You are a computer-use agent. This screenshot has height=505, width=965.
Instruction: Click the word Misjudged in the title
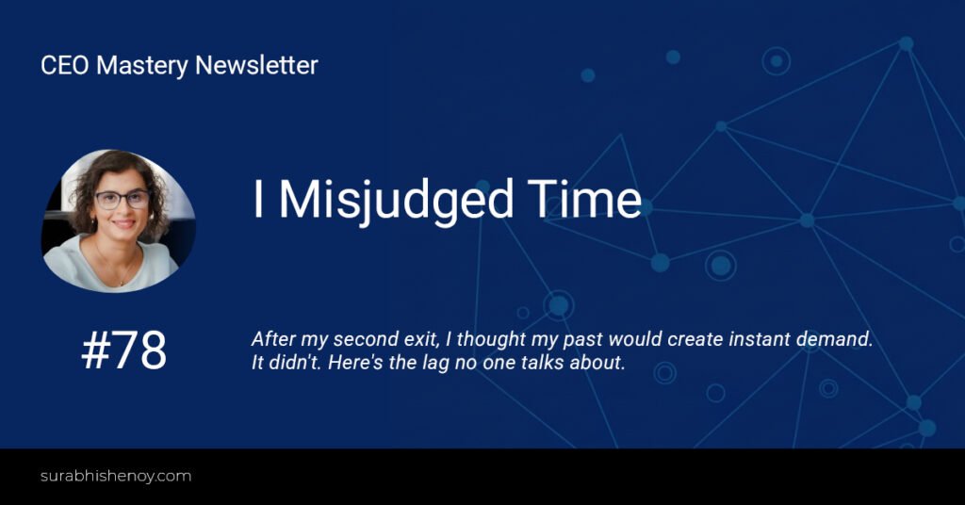click(x=396, y=200)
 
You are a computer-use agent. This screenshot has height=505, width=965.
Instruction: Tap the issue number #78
click(x=124, y=350)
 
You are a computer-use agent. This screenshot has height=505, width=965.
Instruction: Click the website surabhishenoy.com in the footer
click(x=116, y=476)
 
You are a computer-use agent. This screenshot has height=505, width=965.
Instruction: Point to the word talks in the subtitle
click(x=542, y=363)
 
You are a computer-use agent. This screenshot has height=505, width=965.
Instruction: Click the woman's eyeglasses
click(x=122, y=200)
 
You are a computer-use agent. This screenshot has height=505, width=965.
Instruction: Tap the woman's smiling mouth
click(x=123, y=224)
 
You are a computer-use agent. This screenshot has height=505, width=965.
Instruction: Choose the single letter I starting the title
click(x=258, y=200)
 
